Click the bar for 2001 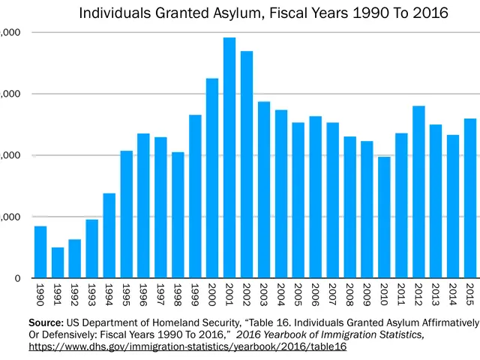(x=229, y=157)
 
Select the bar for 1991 (x=58, y=262)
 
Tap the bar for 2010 (x=384, y=217)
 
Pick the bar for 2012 (x=418, y=192)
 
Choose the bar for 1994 (x=109, y=235)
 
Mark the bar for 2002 (x=247, y=164)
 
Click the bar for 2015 (x=470, y=198)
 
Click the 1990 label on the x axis (x=40, y=291)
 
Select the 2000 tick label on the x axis (x=212, y=291)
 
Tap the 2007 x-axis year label (x=332, y=291)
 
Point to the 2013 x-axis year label (x=436, y=291)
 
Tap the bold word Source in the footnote (x=46, y=322)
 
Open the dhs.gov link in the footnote (x=187, y=347)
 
